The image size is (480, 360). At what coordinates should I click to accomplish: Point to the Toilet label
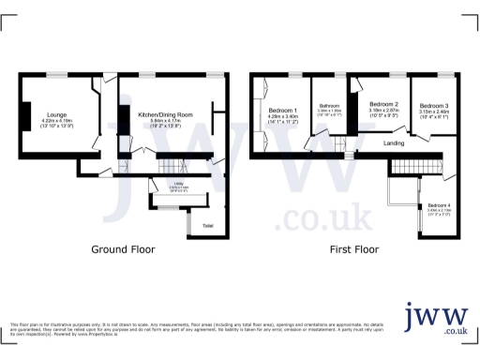click(x=207, y=226)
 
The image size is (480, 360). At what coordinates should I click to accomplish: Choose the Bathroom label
click(x=328, y=106)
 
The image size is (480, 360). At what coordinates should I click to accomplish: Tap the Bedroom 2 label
click(x=384, y=104)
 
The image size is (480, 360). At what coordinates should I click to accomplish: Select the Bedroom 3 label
click(x=433, y=106)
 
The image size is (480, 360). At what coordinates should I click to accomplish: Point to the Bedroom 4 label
click(x=439, y=204)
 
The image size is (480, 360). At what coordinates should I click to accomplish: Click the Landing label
click(x=394, y=143)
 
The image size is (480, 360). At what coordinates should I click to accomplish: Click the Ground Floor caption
click(x=123, y=250)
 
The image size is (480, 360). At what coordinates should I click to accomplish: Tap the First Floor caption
click(x=353, y=250)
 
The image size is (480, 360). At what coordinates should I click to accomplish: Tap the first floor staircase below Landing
click(x=407, y=167)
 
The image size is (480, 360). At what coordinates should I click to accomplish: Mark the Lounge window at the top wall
click(x=58, y=75)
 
